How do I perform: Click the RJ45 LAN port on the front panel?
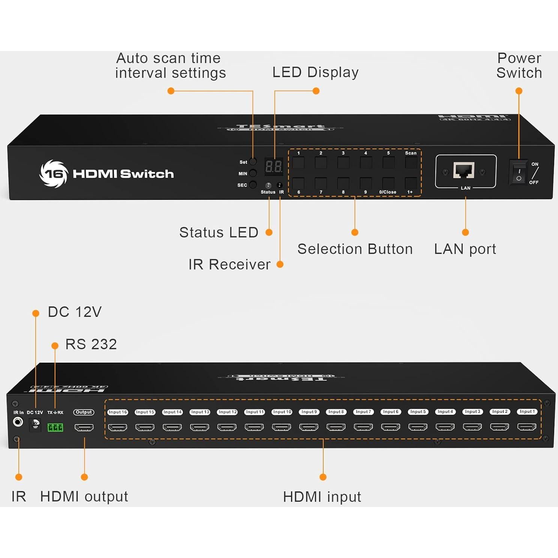[x=464, y=171]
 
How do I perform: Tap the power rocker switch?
[x=518, y=173]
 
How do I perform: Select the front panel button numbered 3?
[x=343, y=163]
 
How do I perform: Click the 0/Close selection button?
[x=388, y=183]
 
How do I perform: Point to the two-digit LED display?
[x=274, y=166]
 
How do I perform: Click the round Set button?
[x=253, y=162]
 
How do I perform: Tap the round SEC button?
[x=253, y=185]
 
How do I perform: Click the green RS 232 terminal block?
[x=55, y=427]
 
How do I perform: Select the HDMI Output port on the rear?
[x=84, y=427]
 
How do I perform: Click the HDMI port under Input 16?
[x=117, y=427]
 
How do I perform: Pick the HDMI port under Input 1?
[x=526, y=427]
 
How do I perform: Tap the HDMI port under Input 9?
[x=309, y=427]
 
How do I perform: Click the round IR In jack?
[x=18, y=422]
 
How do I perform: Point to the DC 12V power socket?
[x=35, y=424]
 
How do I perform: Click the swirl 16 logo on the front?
[x=54, y=174]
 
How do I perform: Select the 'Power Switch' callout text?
[x=519, y=65]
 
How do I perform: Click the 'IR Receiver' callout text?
[x=229, y=264]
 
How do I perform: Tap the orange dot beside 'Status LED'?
[x=269, y=232]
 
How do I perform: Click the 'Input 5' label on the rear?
[x=418, y=412]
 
